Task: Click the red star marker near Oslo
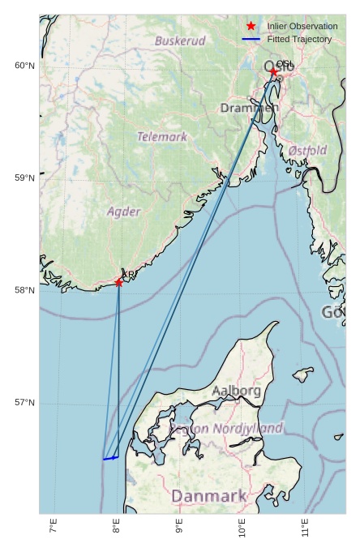[273, 72]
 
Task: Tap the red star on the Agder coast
[119, 282]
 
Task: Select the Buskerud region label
[180, 40]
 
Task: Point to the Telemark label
[162, 137]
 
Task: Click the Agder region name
[124, 212]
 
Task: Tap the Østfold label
[307, 151]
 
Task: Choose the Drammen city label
[249, 108]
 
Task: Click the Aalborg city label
[237, 391]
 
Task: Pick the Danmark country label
[208, 495]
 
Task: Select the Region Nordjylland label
[226, 428]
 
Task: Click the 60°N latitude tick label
[25, 66]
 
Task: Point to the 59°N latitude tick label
[25, 178]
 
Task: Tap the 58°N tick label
[25, 290]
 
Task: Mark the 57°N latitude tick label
[25, 403]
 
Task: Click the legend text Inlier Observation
[302, 26]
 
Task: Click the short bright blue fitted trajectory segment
[111, 458]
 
